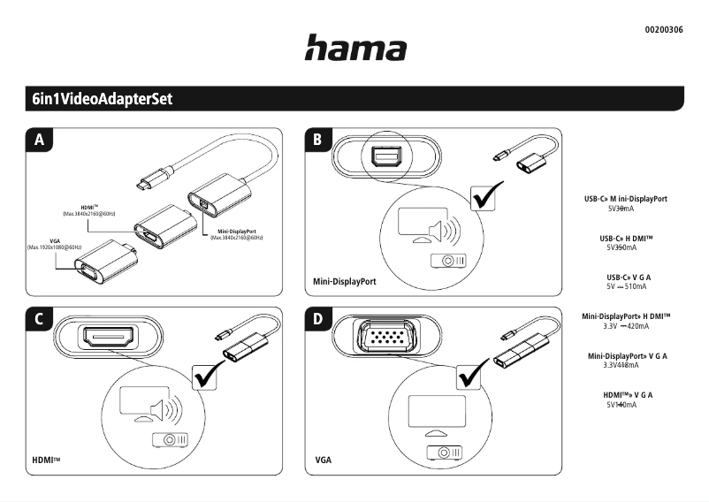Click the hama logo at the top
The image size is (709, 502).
355,48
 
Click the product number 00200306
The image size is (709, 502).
664,30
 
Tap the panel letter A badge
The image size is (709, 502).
39,140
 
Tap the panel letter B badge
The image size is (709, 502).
318,140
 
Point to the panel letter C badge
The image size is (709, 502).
39,319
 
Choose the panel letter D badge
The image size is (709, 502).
318,319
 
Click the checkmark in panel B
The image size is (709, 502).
485,197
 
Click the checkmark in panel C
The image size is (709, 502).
208,376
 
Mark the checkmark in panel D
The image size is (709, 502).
475,375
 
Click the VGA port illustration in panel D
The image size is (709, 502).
385,338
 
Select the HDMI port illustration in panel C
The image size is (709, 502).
108,337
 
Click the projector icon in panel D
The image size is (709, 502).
444,452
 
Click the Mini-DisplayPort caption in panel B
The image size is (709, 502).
345,282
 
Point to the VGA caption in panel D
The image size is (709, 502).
323,460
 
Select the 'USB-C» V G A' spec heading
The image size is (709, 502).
629,278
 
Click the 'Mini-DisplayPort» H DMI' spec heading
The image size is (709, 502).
626,316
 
